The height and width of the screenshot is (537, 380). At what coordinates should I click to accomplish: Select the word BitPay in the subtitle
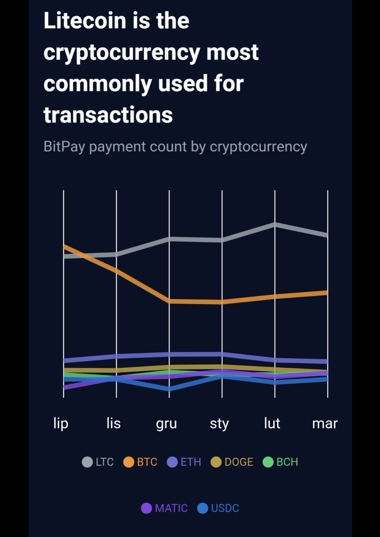tap(64, 146)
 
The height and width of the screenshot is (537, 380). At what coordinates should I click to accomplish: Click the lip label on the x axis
tap(61, 423)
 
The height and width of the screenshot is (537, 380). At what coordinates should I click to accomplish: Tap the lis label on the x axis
tap(114, 423)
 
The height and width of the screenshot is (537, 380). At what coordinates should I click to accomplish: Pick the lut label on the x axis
tap(272, 423)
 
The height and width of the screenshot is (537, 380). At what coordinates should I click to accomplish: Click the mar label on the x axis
tap(325, 423)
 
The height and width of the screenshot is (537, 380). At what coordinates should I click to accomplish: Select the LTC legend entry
tap(98, 462)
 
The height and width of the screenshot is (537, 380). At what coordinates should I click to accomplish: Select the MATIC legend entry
tap(164, 508)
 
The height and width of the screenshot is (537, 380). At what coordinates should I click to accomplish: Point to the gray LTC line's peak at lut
tap(275, 224)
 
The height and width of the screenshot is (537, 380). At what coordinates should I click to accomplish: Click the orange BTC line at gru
tap(169, 301)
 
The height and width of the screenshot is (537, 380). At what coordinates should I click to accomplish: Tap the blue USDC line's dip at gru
tap(169, 389)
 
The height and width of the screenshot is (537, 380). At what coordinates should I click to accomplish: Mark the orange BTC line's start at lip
tap(64, 246)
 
